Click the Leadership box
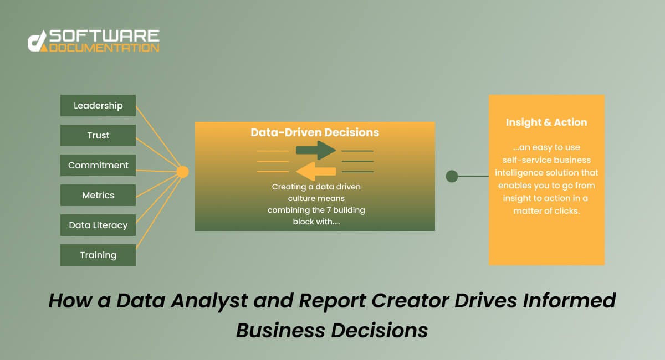(x=98, y=105)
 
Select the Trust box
(x=98, y=135)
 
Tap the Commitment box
(x=98, y=165)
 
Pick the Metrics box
(x=98, y=195)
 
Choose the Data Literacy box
(x=98, y=225)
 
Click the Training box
(x=98, y=255)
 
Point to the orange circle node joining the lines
(x=182, y=172)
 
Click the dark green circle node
(x=452, y=176)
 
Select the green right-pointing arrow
(x=315, y=150)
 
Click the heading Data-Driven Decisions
(x=315, y=132)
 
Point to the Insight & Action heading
(x=546, y=122)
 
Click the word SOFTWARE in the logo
(x=104, y=37)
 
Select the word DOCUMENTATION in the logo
(x=104, y=48)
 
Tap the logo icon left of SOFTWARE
(x=37, y=42)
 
